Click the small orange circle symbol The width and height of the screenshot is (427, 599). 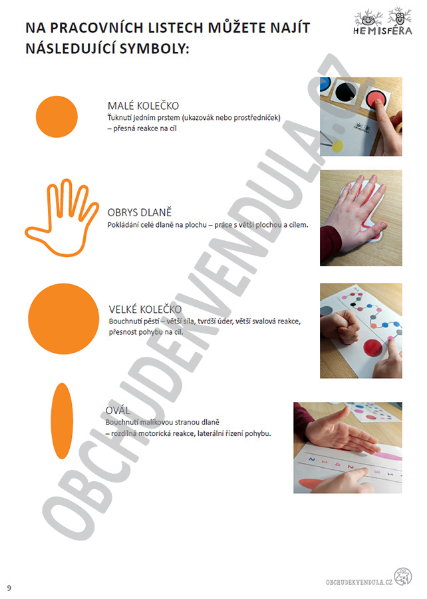click(57, 116)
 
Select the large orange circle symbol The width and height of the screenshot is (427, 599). click(63, 319)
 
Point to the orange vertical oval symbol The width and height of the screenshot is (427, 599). click(62, 421)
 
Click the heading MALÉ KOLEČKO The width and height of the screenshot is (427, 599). click(143, 106)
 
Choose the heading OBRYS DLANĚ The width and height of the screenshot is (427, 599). click(140, 212)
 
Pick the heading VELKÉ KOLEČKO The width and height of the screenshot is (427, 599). click(145, 309)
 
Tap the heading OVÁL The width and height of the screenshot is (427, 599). click(118, 411)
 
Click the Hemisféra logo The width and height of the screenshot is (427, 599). click(382, 22)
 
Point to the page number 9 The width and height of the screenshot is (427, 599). click(9, 588)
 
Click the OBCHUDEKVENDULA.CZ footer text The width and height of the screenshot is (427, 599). click(359, 582)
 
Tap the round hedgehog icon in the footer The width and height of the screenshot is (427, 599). click(403, 577)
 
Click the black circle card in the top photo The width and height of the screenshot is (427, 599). click(346, 91)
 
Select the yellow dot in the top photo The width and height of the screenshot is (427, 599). click(338, 146)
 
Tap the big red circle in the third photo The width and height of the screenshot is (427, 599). click(373, 347)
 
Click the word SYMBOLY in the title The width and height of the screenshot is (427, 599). click(154, 49)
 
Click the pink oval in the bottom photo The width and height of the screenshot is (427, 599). click(385, 456)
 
